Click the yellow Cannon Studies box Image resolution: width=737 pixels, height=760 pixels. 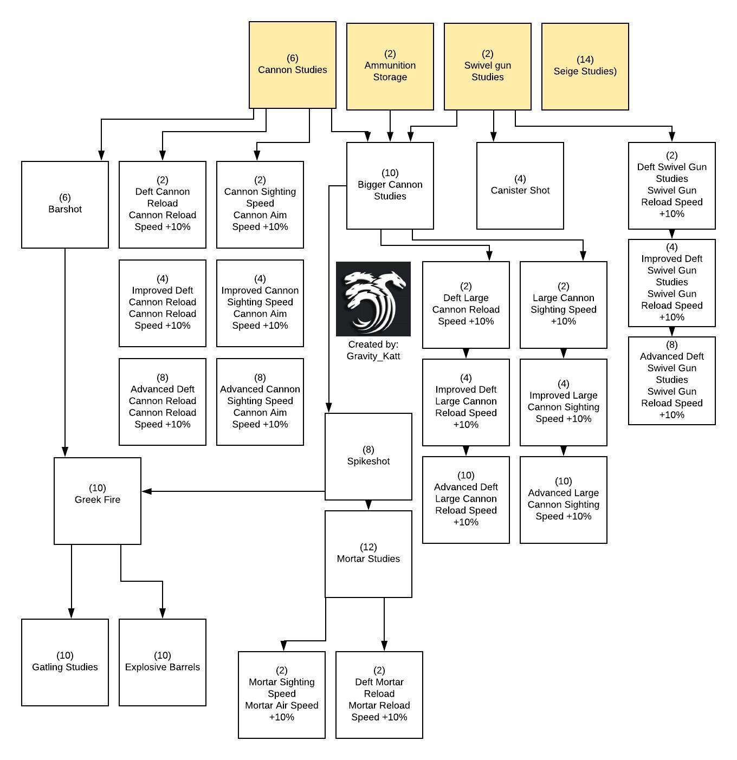point(292,65)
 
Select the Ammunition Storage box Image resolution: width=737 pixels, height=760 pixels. point(390,67)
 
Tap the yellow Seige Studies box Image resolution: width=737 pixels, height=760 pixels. point(585,67)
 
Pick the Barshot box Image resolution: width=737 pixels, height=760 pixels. point(65,205)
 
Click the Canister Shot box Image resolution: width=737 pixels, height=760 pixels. point(520,186)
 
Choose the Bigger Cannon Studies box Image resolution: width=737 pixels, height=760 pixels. point(390,186)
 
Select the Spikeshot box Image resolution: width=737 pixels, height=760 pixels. point(368,457)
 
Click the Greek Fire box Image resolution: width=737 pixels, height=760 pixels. point(98,501)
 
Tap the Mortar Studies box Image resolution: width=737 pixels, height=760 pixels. point(368,554)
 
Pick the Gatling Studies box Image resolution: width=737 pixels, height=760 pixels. point(65,662)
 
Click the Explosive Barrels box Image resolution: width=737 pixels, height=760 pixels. point(163,662)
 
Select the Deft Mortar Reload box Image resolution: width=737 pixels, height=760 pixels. point(379,695)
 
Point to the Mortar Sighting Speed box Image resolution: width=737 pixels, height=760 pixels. point(282,695)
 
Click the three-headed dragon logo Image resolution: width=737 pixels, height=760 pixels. point(373,299)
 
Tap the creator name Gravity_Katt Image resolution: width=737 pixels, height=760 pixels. point(373,356)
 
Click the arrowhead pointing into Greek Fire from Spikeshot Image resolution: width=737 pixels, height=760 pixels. point(146,491)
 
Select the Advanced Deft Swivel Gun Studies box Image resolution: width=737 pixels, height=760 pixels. point(672,381)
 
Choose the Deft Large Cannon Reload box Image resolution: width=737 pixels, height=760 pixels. point(466,305)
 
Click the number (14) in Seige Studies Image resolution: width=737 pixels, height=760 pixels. point(585,60)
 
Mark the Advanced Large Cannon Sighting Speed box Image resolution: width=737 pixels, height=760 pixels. point(564,500)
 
